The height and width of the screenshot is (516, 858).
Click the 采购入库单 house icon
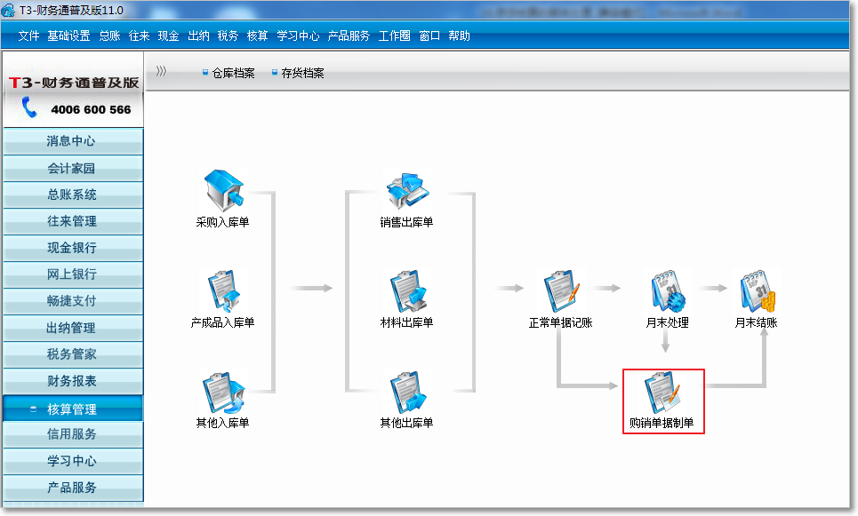tap(223, 190)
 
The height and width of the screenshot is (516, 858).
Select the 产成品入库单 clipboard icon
tap(224, 290)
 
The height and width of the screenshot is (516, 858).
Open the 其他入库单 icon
tap(224, 392)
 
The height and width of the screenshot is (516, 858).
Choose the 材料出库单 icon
tap(407, 290)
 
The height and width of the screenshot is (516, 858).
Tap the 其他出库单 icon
tap(407, 392)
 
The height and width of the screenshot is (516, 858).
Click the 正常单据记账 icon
tap(561, 290)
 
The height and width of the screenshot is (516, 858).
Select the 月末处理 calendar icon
tap(668, 290)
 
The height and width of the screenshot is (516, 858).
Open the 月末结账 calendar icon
tap(758, 290)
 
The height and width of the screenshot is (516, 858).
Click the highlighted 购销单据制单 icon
tap(662, 392)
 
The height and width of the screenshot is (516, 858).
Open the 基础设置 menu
tap(68, 36)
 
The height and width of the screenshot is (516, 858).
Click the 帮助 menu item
tap(459, 36)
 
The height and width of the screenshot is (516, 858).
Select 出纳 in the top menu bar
tap(198, 36)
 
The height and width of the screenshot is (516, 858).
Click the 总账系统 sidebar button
tap(73, 194)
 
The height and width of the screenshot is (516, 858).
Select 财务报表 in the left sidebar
tap(73, 381)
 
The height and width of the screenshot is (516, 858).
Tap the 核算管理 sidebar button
tap(73, 409)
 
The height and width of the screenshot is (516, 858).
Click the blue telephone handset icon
tap(29, 107)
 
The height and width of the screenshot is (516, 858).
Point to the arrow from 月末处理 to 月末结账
tap(714, 288)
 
